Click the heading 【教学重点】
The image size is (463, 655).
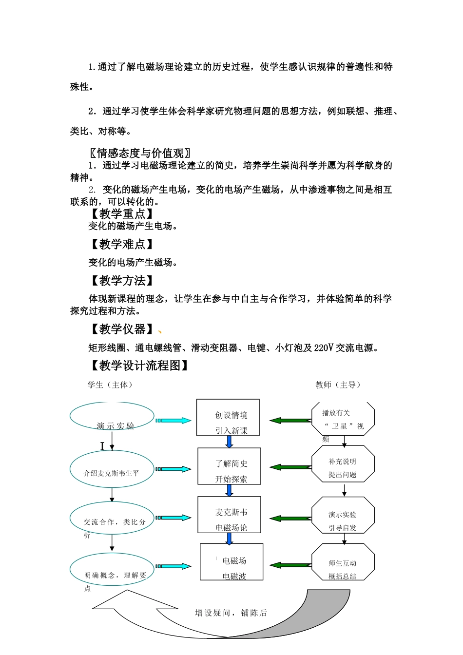122,213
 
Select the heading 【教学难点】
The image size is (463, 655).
122,244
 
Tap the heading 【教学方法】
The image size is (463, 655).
122,281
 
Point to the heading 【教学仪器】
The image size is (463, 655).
122,329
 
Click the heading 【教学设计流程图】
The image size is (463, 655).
139,366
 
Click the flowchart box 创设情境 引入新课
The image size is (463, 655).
228,418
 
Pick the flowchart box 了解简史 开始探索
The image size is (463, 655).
229,466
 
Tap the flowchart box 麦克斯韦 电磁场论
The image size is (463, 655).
229,515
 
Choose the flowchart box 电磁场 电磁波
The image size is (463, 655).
231,562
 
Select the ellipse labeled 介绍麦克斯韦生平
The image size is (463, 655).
112,469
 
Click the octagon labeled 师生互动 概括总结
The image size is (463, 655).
343,564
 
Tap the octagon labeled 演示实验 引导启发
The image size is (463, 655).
343,516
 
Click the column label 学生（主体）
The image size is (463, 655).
110,385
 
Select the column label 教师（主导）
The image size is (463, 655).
338,385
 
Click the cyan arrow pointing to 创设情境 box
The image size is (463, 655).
174,421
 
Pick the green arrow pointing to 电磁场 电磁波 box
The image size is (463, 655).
290,565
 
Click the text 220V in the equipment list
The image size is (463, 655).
324,348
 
